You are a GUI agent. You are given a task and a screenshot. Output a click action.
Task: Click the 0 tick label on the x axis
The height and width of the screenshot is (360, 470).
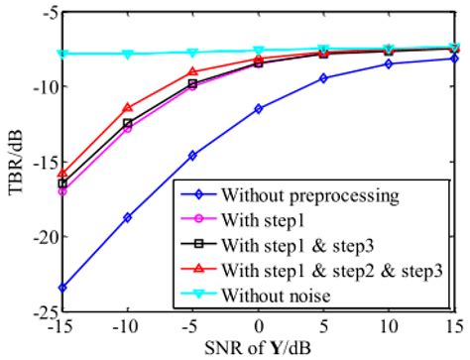tap(259, 325)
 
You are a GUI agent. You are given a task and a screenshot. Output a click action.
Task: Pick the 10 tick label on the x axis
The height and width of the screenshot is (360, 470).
tap(389, 325)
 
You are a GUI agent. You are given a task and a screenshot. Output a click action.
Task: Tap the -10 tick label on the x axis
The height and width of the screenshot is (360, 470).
tap(126, 325)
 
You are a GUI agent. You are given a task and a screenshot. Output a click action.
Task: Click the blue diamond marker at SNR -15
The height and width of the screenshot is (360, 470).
tap(62, 288)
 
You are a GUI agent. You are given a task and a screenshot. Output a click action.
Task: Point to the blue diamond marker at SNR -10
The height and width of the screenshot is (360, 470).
tap(128, 217)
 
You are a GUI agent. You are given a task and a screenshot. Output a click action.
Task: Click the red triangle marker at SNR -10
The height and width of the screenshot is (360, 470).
tap(128, 107)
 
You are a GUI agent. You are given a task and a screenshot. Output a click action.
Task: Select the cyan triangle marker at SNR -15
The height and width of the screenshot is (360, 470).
tap(62, 54)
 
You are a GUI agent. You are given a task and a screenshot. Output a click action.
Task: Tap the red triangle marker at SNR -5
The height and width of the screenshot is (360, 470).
tap(193, 71)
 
